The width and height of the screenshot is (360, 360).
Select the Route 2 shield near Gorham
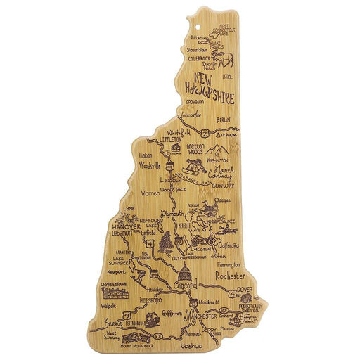(205, 132)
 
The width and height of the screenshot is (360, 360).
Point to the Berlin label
(224, 120)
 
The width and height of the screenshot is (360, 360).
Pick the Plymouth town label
(173, 212)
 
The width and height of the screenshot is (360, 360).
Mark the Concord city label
(186, 285)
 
